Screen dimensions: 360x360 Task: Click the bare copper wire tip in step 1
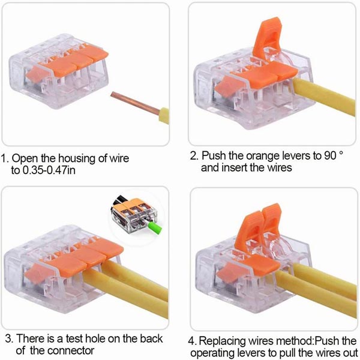pyautogui.click(x=135, y=103)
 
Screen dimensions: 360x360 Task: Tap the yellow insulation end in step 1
pyautogui.click(x=164, y=115)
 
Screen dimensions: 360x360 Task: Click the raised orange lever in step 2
pyautogui.click(x=267, y=38)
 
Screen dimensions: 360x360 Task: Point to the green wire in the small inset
pyautogui.click(x=155, y=227)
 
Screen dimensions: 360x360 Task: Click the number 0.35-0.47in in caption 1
pyautogui.click(x=49, y=170)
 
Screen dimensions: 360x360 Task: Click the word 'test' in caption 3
pyautogui.click(x=74, y=338)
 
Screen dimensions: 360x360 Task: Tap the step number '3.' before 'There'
pyautogui.click(x=9, y=338)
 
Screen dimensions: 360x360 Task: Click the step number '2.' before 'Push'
pyautogui.click(x=194, y=155)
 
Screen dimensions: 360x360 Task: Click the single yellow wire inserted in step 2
pyautogui.click(x=324, y=96)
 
